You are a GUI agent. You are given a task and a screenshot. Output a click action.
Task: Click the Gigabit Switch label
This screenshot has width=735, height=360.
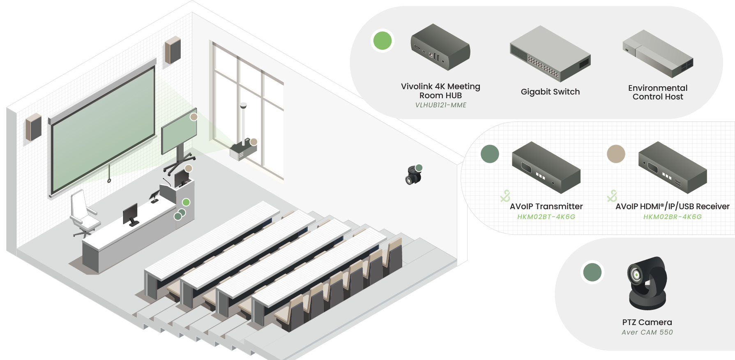550,92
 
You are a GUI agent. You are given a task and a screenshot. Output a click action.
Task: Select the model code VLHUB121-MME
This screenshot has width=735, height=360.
440,105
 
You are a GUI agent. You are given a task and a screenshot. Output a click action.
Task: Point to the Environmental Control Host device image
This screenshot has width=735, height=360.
657,54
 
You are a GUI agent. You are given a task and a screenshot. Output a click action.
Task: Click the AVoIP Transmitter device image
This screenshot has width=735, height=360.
546,167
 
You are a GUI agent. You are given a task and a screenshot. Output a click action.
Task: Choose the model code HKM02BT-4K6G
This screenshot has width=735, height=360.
546,217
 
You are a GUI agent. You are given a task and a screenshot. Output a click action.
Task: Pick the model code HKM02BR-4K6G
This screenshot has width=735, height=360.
672,217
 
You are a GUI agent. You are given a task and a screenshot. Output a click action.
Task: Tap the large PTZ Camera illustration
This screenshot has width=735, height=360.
647,284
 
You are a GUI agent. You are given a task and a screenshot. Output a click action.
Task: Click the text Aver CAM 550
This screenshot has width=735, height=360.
647,332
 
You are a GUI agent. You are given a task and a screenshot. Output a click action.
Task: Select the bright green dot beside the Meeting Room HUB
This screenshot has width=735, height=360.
382,41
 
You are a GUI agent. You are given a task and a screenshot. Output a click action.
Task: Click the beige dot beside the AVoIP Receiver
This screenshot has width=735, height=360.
615,154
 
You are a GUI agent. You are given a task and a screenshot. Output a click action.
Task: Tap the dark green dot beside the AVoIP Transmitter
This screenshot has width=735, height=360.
489,154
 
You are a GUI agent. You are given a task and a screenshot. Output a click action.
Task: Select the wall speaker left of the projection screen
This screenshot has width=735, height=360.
34,127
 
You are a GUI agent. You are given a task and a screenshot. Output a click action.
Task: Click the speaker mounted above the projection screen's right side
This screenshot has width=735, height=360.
173,50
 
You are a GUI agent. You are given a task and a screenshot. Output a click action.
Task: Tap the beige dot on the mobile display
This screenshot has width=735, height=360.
194,117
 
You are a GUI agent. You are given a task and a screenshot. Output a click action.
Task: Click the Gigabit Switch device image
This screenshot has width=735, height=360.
550,54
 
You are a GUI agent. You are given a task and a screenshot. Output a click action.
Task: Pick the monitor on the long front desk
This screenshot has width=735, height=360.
131,214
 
